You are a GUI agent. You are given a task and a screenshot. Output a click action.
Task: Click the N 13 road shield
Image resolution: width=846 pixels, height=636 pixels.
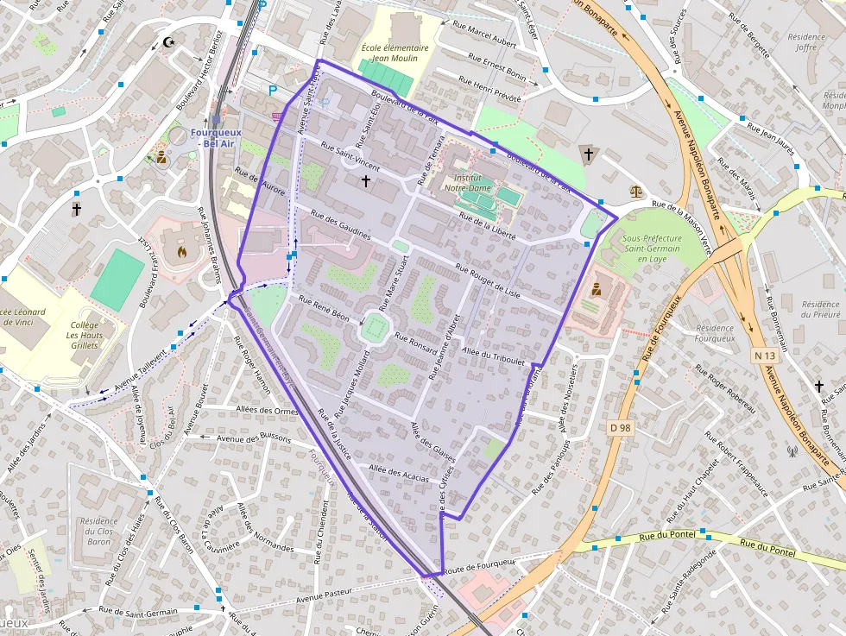pos(761,355)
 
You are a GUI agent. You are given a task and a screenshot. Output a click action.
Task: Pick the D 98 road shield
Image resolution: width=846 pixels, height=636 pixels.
pos(619,427)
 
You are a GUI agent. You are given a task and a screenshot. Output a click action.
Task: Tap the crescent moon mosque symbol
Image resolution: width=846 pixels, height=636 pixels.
pos(168,41)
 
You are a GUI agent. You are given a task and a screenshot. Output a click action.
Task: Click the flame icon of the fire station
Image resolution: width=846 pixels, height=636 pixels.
pos(180,252)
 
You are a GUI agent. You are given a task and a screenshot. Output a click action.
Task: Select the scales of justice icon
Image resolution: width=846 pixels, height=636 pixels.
pos(637,188)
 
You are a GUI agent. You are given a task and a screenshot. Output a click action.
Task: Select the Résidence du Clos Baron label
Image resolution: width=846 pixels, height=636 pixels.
pos(98,531)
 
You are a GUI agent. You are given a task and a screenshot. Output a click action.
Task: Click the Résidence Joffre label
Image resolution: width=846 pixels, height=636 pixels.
pos(807,42)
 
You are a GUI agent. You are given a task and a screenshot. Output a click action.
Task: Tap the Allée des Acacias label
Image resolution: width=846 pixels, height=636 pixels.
pos(398,472)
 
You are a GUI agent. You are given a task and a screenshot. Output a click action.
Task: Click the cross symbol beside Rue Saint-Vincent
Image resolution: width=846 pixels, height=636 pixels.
pos(365,181)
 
